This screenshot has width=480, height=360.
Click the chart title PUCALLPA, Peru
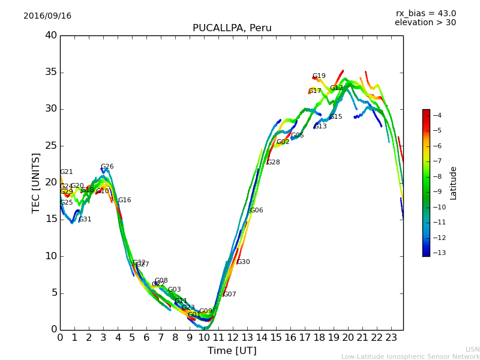tap(232, 28)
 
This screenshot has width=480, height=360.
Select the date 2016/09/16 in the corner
tap(47, 16)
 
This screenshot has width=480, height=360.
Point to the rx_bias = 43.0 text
tap(425, 13)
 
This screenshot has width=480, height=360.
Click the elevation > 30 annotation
tap(425, 23)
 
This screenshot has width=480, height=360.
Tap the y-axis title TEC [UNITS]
tap(36, 182)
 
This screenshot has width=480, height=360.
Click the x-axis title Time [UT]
tap(232, 351)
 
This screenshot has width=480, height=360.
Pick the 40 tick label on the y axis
tap(51, 35)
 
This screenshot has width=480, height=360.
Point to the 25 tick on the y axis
tap(51, 146)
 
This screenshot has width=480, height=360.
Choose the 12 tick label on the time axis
tap(233, 337)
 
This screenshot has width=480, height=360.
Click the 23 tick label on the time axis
tap(391, 337)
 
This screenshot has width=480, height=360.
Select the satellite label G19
tap(319, 76)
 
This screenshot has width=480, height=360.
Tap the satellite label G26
tap(107, 167)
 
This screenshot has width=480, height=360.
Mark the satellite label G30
tap(244, 262)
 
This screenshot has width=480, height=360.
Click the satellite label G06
tap(257, 211)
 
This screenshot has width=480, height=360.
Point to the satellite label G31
tap(85, 220)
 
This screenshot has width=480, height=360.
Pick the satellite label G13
tap(320, 127)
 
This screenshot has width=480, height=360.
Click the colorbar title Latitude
tap(454, 183)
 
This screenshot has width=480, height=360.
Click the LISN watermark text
tap(472, 349)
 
